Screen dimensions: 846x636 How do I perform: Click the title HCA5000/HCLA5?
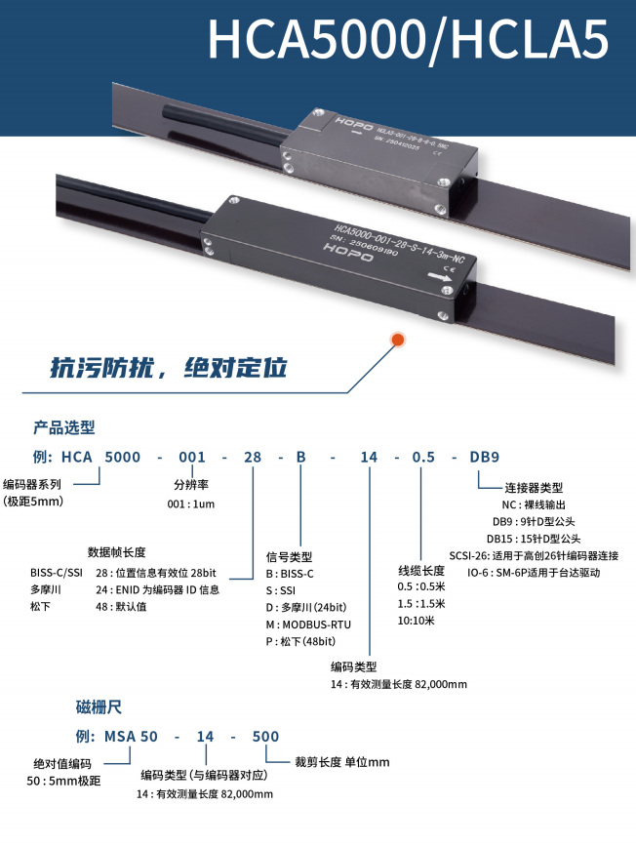tap(409, 40)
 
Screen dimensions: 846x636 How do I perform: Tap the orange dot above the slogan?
tap(397, 340)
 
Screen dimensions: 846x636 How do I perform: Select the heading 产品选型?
tap(64, 427)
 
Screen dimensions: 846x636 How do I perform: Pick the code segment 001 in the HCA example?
tap(192, 457)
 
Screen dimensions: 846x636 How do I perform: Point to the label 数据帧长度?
tap(116, 552)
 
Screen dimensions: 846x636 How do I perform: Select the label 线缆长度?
tap(421, 570)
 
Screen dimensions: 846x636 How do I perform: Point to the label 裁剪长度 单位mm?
tap(341, 762)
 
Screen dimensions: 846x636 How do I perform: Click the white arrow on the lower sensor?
tap(440, 279)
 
